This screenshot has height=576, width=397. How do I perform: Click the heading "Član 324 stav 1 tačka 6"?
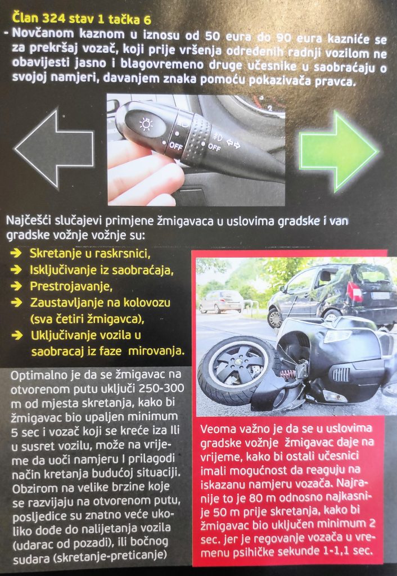(81, 18)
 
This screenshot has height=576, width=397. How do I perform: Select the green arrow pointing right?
(339, 151)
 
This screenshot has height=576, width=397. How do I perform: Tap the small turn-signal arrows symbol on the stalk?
(233, 145)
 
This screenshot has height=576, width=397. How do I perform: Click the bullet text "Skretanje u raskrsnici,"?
(90, 254)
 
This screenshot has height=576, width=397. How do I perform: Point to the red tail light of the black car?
(354, 292)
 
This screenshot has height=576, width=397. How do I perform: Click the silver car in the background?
(221, 301)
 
